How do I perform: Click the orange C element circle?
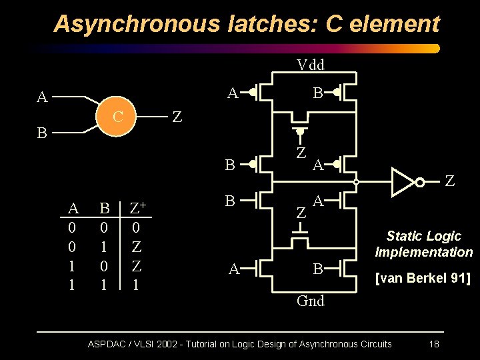point(117,118)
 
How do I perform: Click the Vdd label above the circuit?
point(310,65)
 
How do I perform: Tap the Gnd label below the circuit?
point(310,301)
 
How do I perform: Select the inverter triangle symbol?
point(403,181)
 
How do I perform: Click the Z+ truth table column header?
point(139,208)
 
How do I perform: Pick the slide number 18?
point(433,344)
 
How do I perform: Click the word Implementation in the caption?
point(424,252)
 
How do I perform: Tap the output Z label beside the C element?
point(177,117)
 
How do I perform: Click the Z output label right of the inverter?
point(450,181)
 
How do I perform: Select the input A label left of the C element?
point(42,98)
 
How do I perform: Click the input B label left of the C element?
point(41,133)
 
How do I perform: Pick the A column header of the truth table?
point(73,209)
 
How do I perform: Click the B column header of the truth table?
point(105,209)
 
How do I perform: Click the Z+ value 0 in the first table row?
point(136,228)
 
